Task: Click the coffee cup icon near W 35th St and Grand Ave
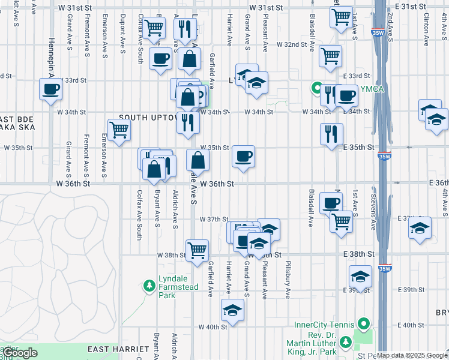(243, 156)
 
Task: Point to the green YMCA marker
(316, 89)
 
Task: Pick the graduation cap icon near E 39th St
(360, 276)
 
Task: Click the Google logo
(20, 353)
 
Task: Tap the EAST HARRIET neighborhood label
(118, 349)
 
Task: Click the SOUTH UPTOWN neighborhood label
(148, 117)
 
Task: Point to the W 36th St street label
(216, 184)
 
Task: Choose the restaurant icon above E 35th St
(331, 134)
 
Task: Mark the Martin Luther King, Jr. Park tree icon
(345, 342)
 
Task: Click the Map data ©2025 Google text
(412, 355)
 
